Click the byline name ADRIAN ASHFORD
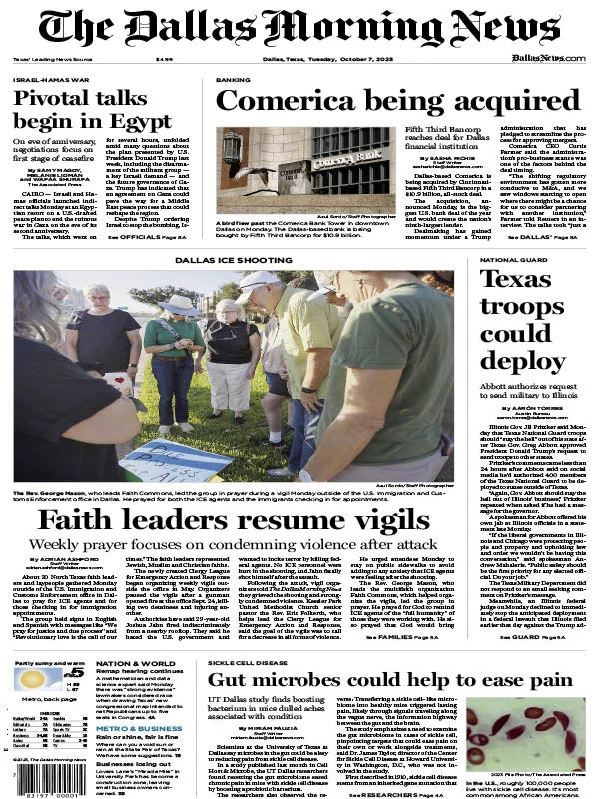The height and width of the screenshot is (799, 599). click(67, 588)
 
